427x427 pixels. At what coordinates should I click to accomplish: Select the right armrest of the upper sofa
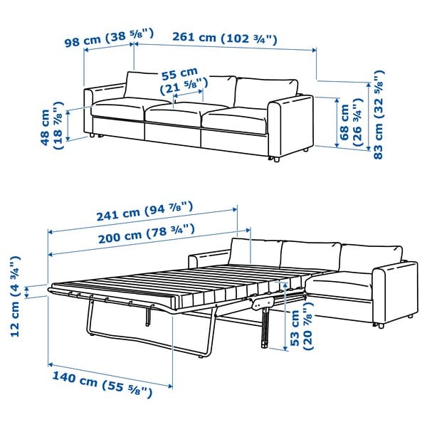290,121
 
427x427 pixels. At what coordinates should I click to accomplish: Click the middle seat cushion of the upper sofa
174,116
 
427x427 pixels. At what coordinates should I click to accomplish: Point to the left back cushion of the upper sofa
146,85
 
